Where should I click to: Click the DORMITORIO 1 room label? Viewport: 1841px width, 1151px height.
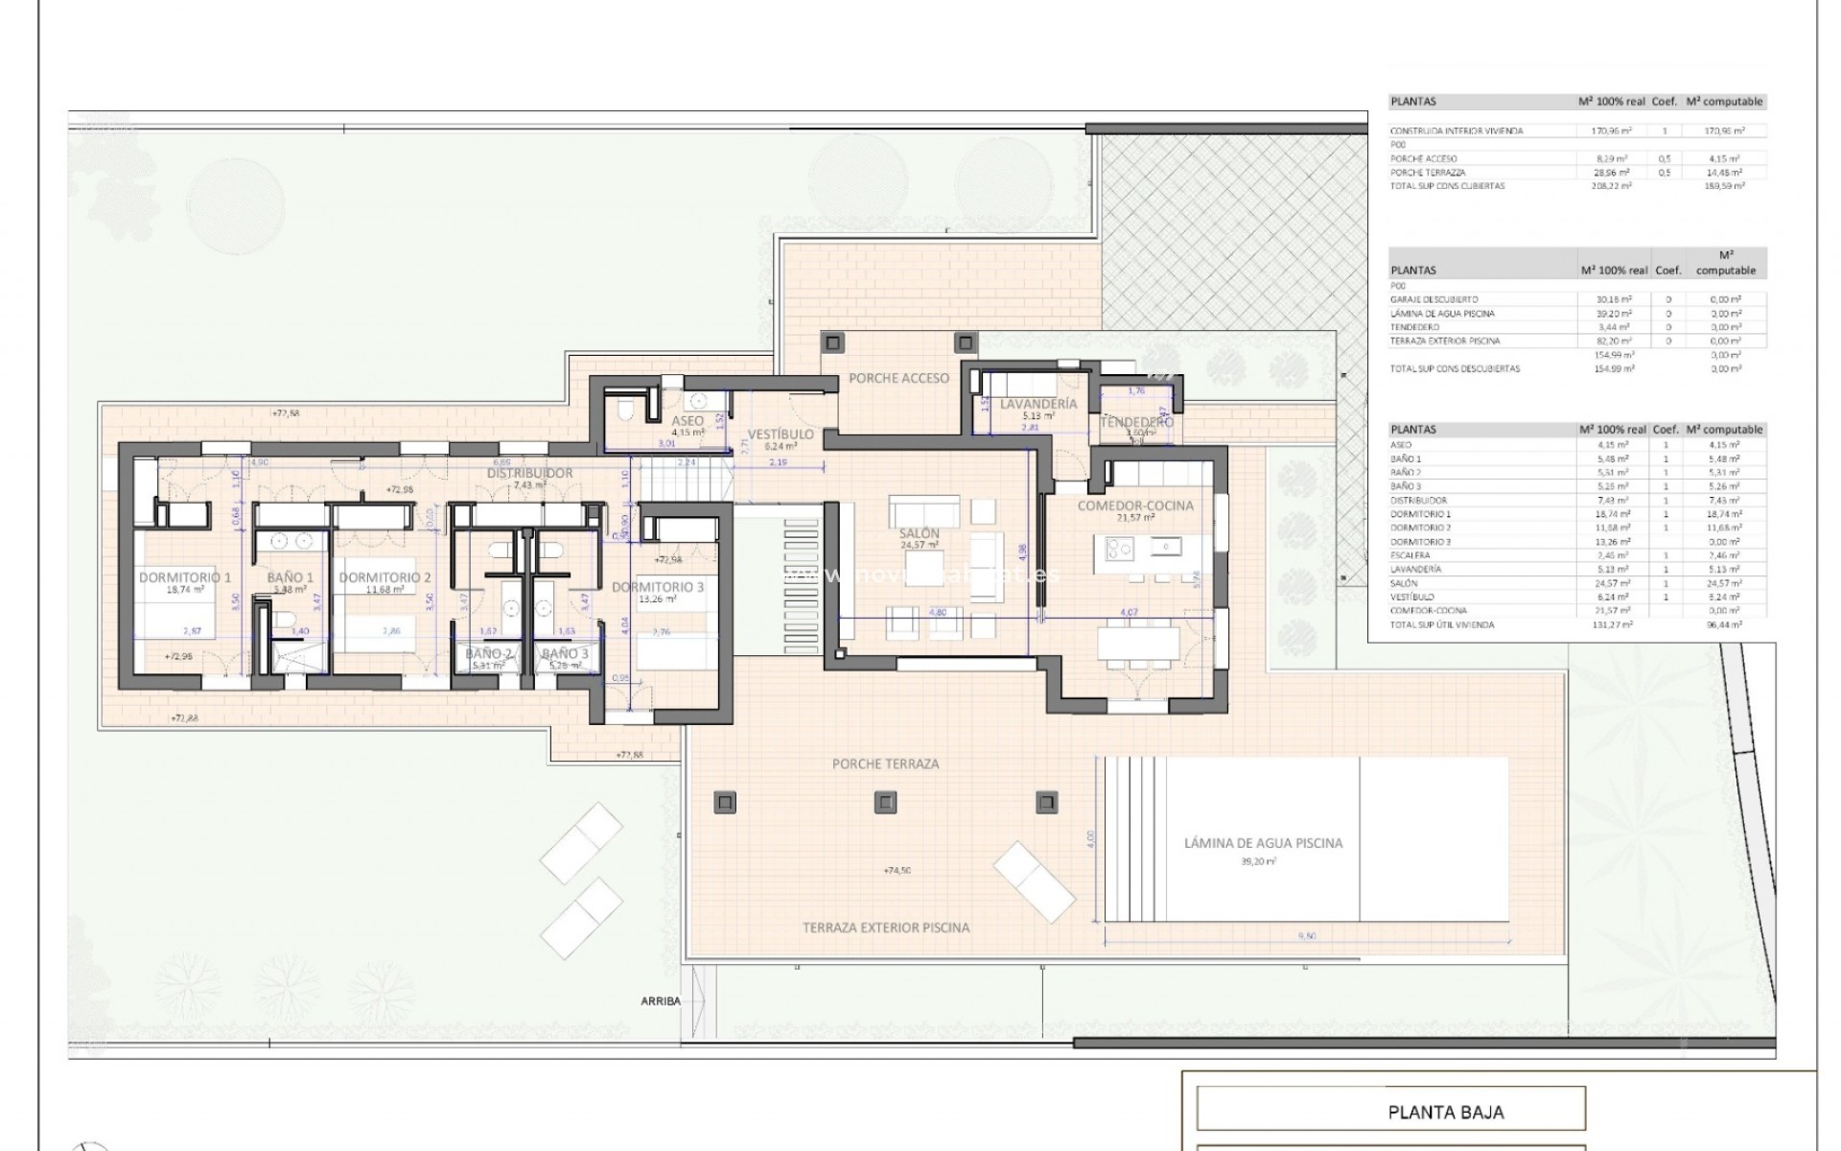click(x=185, y=577)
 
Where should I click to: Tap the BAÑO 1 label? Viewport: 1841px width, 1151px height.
click(x=291, y=577)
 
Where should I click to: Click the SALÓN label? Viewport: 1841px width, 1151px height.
click(x=919, y=533)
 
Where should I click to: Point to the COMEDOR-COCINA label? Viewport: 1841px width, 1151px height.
click(x=1135, y=505)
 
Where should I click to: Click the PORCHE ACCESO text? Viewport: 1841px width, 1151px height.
click(x=898, y=378)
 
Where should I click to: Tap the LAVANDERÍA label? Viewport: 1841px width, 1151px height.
click(x=1038, y=404)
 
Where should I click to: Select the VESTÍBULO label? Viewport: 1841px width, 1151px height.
click(x=781, y=435)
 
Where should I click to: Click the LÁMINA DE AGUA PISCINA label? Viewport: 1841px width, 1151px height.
click(x=1263, y=843)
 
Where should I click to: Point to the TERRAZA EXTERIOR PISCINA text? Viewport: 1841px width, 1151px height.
click(x=886, y=928)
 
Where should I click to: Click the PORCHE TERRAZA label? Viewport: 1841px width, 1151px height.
click(x=885, y=763)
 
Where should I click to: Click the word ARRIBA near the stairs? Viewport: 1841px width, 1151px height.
click(x=661, y=1000)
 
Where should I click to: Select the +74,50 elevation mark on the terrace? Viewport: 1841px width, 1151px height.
click(x=897, y=871)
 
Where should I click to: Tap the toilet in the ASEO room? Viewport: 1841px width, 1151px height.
click(x=625, y=411)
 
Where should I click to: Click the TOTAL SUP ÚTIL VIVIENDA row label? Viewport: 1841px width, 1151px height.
click(x=1441, y=624)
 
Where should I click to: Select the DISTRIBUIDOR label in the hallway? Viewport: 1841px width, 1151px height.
click(x=529, y=473)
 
